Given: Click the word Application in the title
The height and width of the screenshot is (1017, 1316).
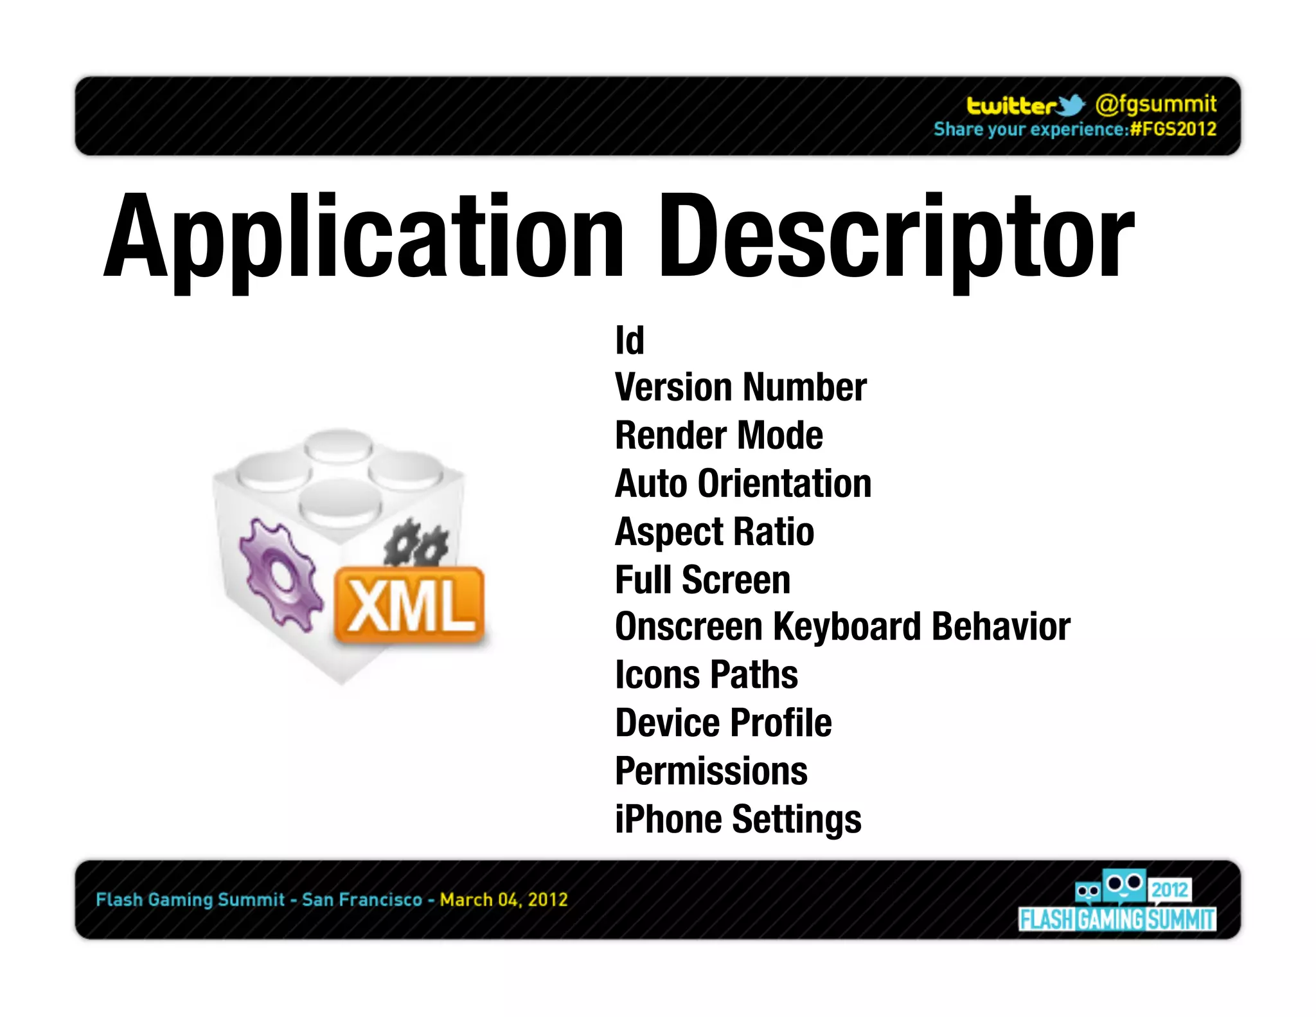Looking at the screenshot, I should (364, 238).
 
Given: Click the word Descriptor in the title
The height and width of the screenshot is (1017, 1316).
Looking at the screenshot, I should (896, 238).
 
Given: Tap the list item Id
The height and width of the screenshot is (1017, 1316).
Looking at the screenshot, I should (629, 340).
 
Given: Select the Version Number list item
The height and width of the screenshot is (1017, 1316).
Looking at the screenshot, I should (740, 388).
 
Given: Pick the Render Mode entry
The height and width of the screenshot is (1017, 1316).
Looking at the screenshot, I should (718, 435).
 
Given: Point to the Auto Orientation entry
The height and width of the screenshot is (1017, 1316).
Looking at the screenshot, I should (743, 483).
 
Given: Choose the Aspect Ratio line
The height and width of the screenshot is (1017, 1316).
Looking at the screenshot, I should (714, 532).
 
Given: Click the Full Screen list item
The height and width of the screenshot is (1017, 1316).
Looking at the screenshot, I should (702, 579).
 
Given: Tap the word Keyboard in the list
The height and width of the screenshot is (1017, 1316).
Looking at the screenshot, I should (847, 627).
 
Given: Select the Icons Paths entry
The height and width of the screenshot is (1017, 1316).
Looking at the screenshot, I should (706, 675).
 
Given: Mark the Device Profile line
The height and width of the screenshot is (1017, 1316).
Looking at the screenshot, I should (723, 723).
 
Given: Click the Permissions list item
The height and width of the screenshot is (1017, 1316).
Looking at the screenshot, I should (711, 771).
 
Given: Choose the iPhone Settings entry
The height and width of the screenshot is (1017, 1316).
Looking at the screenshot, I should (738, 819).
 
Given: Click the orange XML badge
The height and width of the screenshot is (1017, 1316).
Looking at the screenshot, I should (409, 605).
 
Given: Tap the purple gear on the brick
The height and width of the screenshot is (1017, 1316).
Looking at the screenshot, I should (279, 572).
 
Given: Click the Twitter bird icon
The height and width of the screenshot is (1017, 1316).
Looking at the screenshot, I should (1070, 105).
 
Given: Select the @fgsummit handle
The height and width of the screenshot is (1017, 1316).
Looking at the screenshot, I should (1155, 104).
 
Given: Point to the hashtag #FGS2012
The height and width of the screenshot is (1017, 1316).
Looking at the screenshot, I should (1173, 129).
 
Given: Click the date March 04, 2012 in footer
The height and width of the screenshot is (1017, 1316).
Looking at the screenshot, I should (504, 899).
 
